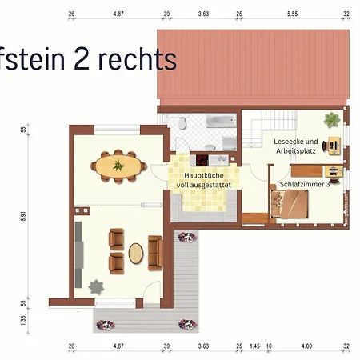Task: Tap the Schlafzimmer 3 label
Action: (x=305, y=184)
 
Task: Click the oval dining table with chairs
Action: (x=118, y=166)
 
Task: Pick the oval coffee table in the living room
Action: (x=136, y=253)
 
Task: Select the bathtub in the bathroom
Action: (x=218, y=122)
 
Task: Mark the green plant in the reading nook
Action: (x=331, y=121)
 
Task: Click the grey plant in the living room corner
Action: (x=97, y=286)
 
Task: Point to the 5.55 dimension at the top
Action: (x=291, y=14)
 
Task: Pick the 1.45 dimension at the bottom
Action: (x=254, y=346)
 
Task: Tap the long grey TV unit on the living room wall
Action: (x=78, y=246)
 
